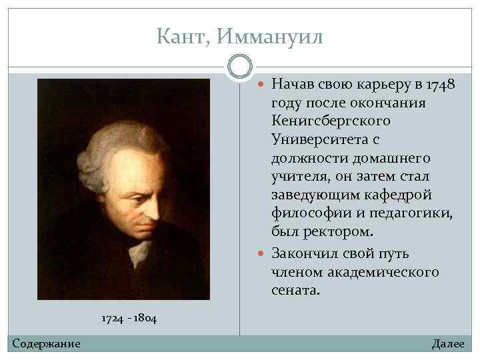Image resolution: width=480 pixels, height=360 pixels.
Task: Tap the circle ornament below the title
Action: tap(240, 67)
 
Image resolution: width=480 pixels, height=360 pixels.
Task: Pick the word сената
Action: tap(296, 291)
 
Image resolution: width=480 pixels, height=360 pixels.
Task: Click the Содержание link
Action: tap(46, 343)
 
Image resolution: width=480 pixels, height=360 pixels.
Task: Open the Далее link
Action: tap(447, 343)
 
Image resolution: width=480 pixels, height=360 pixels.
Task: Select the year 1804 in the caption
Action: tap(145, 319)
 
